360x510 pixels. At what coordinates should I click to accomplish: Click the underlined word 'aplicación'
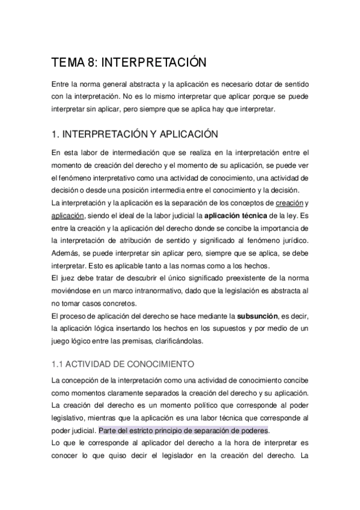[68, 215]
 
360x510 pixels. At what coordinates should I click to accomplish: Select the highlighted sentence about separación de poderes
[183, 431]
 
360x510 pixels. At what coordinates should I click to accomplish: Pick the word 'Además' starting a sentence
[67, 256]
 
